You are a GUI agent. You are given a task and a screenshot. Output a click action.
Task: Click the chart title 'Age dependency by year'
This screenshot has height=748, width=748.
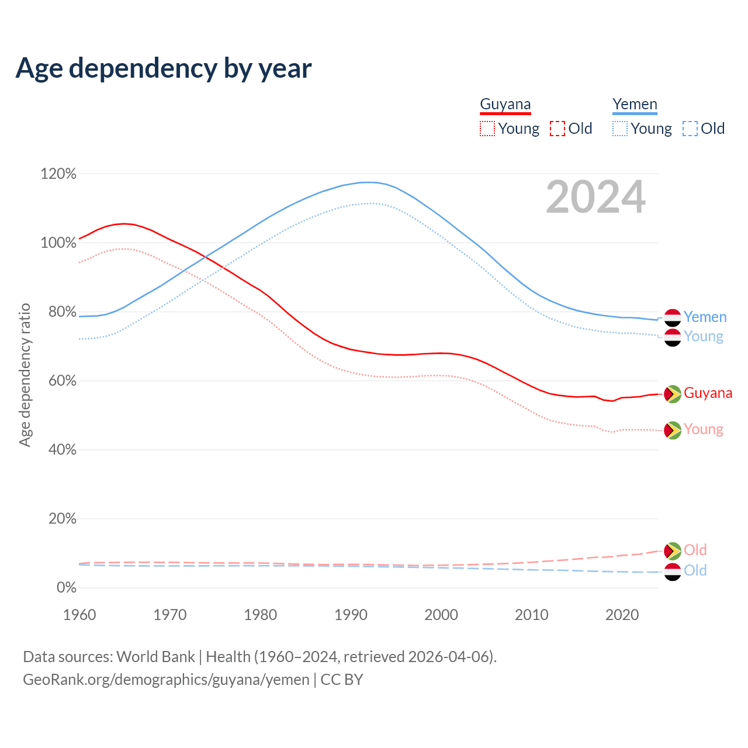point(164,68)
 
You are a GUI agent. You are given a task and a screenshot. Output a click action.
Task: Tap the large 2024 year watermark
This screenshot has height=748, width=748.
point(595,198)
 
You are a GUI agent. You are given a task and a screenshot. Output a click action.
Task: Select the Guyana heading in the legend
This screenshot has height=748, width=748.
point(505,105)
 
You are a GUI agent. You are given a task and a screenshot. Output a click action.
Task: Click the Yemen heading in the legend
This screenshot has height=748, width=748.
point(635,105)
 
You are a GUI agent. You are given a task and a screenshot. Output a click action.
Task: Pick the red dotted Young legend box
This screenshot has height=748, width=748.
point(487,129)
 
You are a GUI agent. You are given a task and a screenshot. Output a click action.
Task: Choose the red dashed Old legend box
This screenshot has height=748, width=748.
point(557,129)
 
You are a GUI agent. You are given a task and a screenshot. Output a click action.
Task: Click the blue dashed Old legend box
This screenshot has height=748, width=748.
point(690,129)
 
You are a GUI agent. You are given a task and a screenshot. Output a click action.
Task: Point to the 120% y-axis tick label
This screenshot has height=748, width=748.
point(58,174)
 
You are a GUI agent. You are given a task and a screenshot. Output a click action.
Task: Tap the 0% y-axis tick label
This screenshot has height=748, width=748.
point(66,588)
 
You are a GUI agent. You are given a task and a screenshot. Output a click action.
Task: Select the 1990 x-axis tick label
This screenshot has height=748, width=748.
point(351,615)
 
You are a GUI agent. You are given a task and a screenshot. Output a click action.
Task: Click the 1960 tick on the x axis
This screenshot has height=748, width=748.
point(79,615)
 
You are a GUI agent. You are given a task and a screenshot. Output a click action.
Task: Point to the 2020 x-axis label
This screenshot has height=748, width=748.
point(622,615)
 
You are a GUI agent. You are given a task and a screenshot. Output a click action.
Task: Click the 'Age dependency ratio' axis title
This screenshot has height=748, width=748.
point(25,375)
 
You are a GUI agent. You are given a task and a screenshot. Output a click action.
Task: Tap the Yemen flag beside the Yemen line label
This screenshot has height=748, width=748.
point(673,317)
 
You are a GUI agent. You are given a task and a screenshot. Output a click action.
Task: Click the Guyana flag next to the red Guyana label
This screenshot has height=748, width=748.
point(673,394)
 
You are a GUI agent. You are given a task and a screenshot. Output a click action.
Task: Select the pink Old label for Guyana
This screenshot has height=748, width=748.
point(695,550)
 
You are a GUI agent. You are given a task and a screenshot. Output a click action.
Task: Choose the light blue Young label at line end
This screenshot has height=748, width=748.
point(704,337)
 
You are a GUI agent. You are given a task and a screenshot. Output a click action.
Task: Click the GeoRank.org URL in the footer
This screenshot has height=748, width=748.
point(166,680)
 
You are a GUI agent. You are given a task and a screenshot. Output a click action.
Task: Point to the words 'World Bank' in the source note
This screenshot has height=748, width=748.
point(155,657)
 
